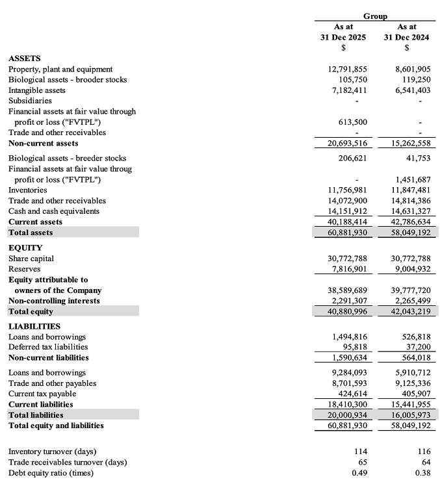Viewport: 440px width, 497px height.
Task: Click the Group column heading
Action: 375,16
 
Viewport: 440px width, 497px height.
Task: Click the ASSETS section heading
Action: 25,58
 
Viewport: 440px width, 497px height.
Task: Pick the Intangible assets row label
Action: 37,90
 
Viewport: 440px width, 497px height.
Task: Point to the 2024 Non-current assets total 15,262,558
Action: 407,143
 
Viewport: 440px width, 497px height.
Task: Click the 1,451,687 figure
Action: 409,179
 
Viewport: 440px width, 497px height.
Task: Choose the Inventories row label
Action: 28,190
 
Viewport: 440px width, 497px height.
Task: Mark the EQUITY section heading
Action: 25,248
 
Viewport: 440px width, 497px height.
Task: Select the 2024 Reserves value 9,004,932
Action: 409,269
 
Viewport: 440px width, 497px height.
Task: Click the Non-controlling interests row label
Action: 54,301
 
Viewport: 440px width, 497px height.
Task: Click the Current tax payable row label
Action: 42,394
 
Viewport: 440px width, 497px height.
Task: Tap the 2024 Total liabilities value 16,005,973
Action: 407,414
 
